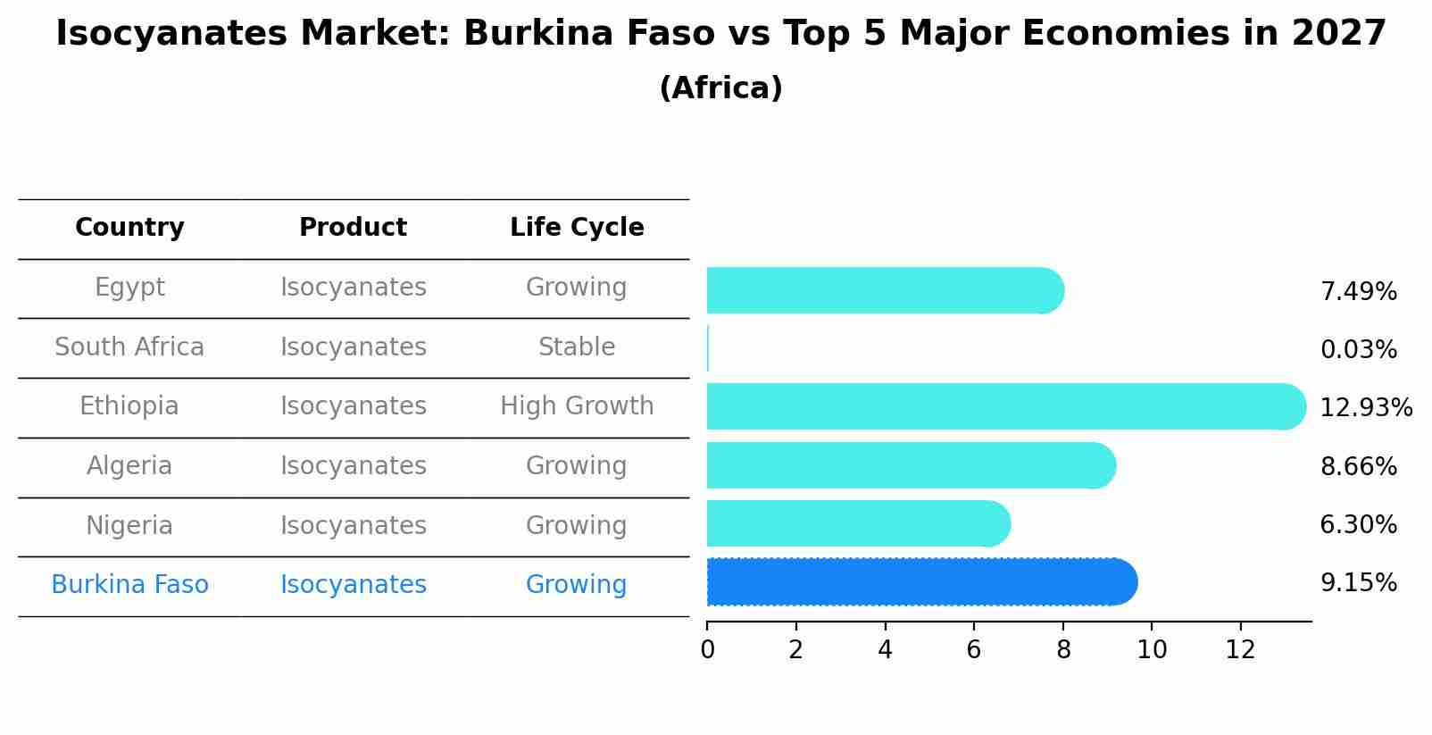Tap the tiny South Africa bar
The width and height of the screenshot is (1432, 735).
coord(708,348)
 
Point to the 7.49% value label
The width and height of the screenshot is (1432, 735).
coord(1358,292)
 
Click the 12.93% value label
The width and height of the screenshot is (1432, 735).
coord(1365,408)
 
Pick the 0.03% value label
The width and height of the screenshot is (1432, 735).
coord(1358,350)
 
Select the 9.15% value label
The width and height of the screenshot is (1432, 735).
coord(1358,583)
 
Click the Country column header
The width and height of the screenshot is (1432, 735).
coord(129,228)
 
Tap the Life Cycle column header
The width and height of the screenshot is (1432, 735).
coord(577,228)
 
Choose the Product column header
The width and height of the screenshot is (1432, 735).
coord(353,228)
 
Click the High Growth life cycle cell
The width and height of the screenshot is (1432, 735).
coord(577,406)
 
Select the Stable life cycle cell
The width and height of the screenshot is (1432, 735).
coord(577,347)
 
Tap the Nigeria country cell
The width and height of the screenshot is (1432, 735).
coord(129,526)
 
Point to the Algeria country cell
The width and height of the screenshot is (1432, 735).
coord(129,466)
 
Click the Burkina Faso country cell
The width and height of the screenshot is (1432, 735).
coord(129,585)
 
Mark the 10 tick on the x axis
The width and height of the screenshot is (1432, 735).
coord(1152,650)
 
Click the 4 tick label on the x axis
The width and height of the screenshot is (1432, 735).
coord(885,650)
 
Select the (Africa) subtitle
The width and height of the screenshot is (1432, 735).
coord(720,88)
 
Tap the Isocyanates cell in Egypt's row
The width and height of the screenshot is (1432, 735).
coord(353,288)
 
